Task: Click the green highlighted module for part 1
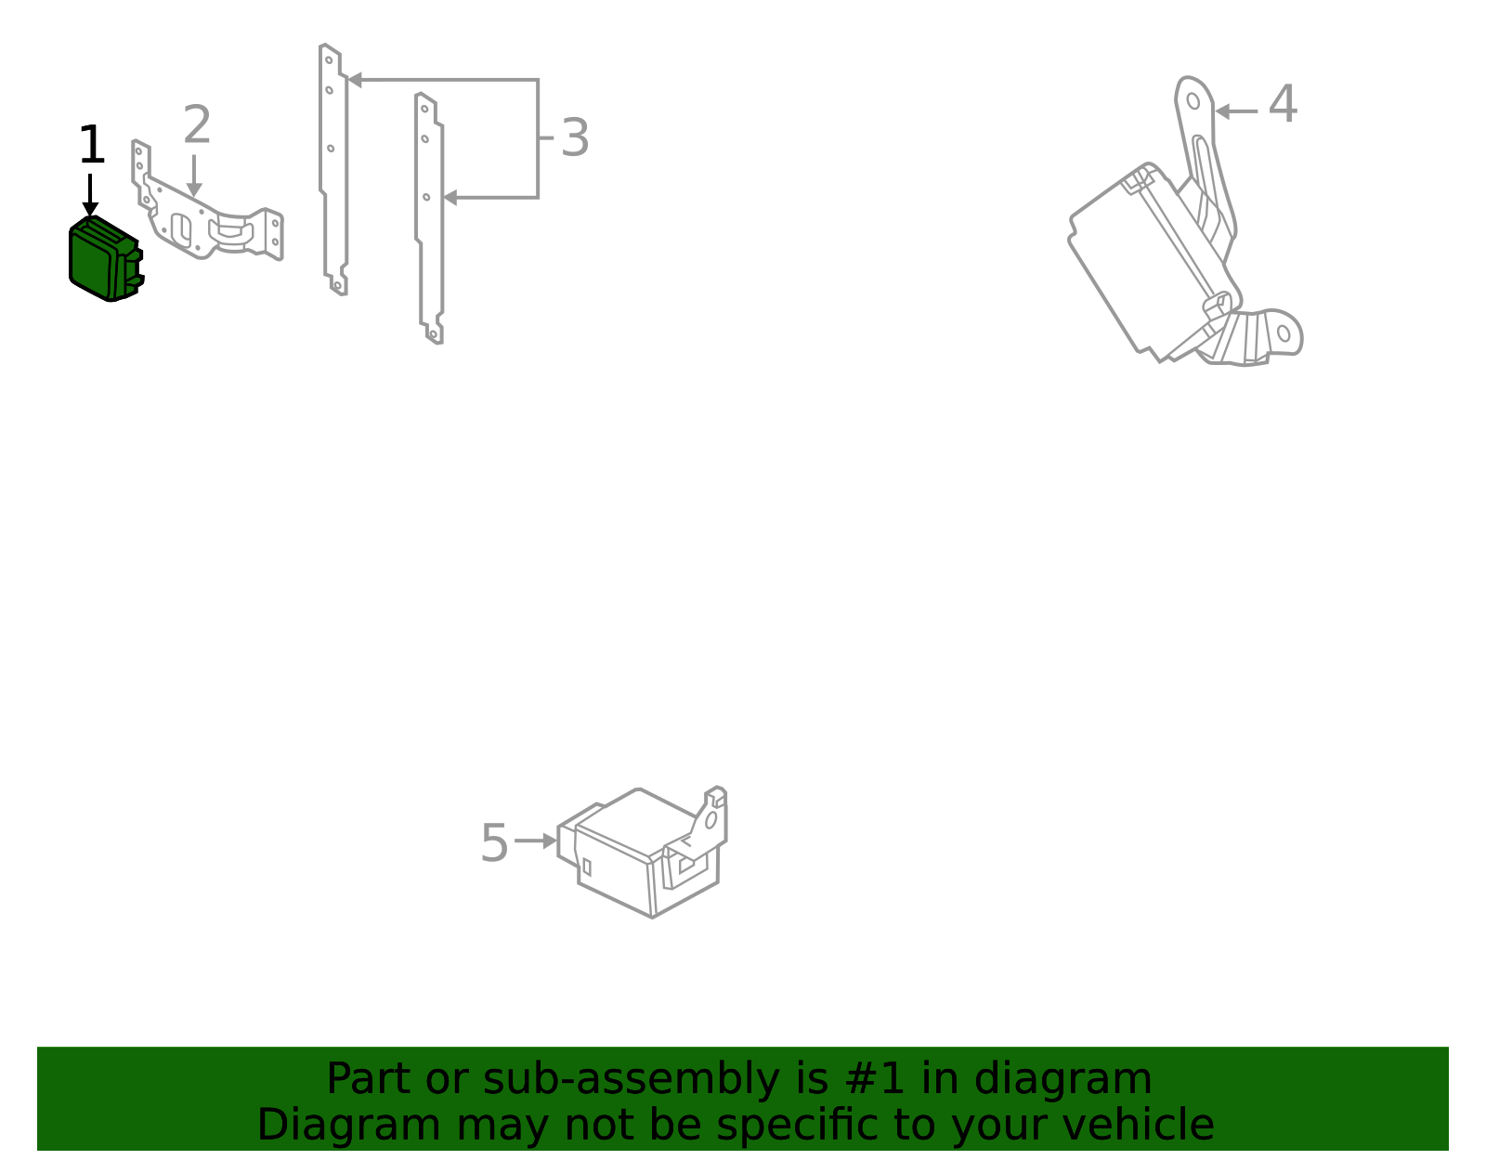102,259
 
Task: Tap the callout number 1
91,147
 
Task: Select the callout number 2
197,125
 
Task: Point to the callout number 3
575,138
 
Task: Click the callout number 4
1283,105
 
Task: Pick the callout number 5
494,843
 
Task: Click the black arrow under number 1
90,197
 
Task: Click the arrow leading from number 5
536,841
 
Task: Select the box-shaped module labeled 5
641,854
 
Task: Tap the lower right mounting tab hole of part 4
1284,332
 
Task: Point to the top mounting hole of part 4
1193,100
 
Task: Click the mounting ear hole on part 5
710,820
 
